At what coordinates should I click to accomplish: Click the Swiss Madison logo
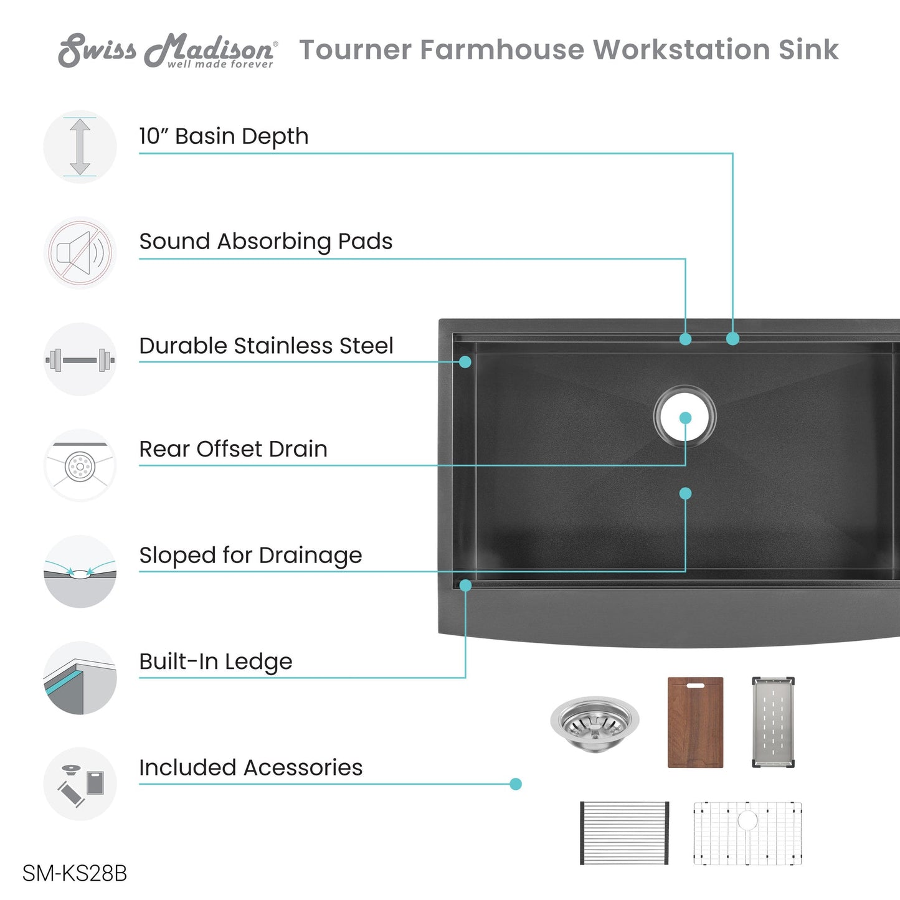pos(168,50)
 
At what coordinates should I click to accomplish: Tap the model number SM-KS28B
pos(75,873)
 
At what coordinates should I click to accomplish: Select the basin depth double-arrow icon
pos(80,146)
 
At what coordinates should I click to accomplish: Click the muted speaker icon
pos(80,253)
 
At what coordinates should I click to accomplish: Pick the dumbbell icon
pos(80,359)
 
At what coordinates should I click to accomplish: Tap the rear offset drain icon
pos(80,465)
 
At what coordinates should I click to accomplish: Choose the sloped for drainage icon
pos(80,571)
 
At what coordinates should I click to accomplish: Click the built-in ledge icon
pos(80,678)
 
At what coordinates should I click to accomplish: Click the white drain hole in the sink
pos(684,415)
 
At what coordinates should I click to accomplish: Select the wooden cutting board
pos(696,722)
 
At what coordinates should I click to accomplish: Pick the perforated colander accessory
pos(773,722)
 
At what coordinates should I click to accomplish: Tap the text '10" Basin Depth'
pos(224,137)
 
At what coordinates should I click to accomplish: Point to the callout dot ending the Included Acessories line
pos(516,784)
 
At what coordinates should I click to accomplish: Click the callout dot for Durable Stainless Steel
pos(465,362)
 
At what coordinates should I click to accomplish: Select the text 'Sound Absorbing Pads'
pos(266,242)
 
